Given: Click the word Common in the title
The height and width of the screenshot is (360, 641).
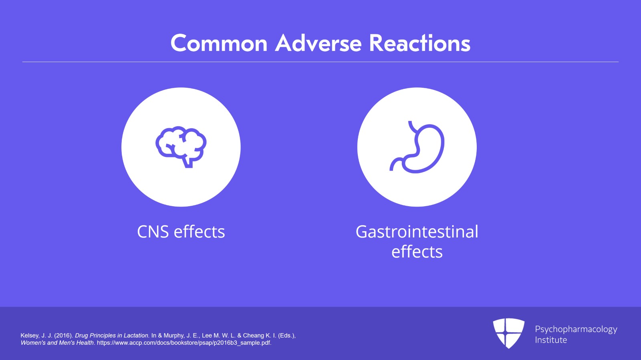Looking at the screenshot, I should pyautogui.click(x=219, y=43).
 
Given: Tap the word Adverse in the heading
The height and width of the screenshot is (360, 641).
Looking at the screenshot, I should pyautogui.click(x=318, y=43).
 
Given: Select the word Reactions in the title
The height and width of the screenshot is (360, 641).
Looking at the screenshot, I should pyautogui.click(x=419, y=43).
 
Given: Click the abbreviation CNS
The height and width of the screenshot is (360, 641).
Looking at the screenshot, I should pyautogui.click(x=153, y=232).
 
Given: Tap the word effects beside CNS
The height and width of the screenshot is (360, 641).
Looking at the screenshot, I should pyautogui.click(x=199, y=232).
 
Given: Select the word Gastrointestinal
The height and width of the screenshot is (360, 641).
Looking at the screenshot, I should pyautogui.click(x=417, y=232).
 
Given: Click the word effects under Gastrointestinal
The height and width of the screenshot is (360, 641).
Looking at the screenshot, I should pyautogui.click(x=417, y=252).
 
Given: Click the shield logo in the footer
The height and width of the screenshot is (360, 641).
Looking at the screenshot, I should pyautogui.click(x=508, y=332).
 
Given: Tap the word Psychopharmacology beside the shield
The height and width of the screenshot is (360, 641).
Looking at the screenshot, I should pyautogui.click(x=576, y=329).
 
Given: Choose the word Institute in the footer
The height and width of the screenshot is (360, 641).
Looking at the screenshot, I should pyautogui.click(x=551, y=340).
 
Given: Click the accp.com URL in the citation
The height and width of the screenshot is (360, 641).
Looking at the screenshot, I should pyautogui.click(x=184, y=343).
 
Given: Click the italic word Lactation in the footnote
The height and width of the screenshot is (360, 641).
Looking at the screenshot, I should pyautogui.click(x=137, y=336).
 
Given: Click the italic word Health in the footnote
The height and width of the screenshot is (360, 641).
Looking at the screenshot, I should pyautogui.click(x=85, y=343).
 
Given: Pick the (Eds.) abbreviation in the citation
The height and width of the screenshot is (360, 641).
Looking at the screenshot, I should pyautogui.click(x=286, y=336).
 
